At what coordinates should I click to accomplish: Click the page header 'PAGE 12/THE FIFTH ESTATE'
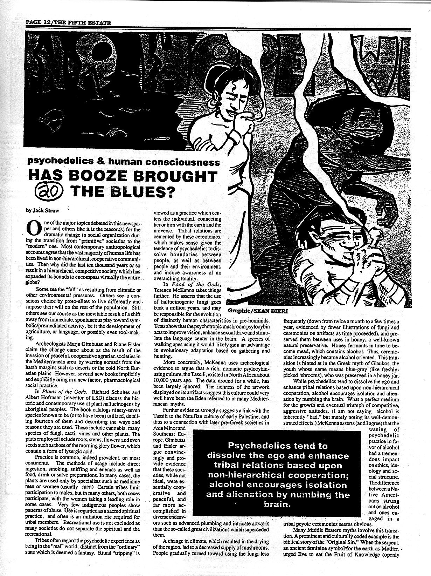pyautogui.click(x=68, y=23)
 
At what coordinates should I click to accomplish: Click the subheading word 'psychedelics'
pyautogui.click(x=56, y=162)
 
